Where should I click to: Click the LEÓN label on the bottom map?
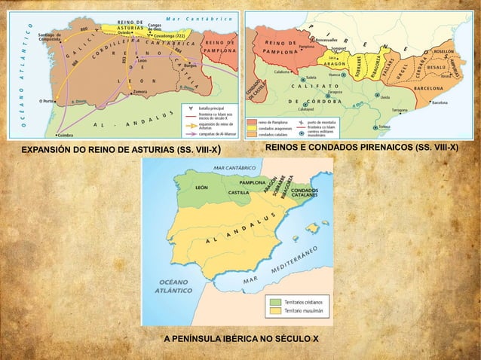click(x=201, y=188)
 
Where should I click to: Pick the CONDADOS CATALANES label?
click(x=307, y=194)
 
